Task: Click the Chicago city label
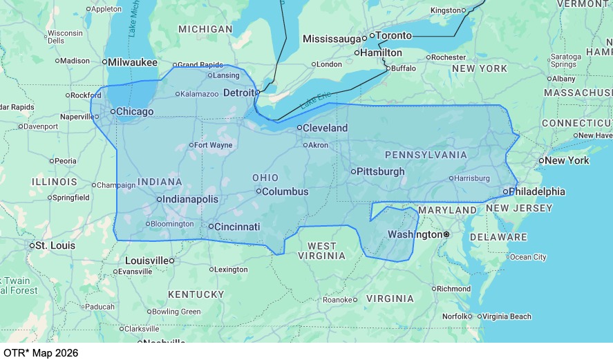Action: click(135, 111)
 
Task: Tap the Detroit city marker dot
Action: click(257, 92)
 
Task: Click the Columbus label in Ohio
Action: click(285, 191)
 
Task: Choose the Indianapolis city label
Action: click(191, 199)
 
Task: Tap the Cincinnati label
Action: click(237, 227)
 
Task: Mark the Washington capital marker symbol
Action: click(446, 234)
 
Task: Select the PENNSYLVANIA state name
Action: click(426, 155)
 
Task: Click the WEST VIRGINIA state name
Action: click(321, 251)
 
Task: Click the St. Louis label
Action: click(55, 245)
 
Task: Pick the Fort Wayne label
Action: click(213, 145)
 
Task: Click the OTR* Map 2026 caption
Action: click(41, 352)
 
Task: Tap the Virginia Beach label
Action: click(507, 316)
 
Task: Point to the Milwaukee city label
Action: click(135, 61)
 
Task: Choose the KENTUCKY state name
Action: click(196, 294)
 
